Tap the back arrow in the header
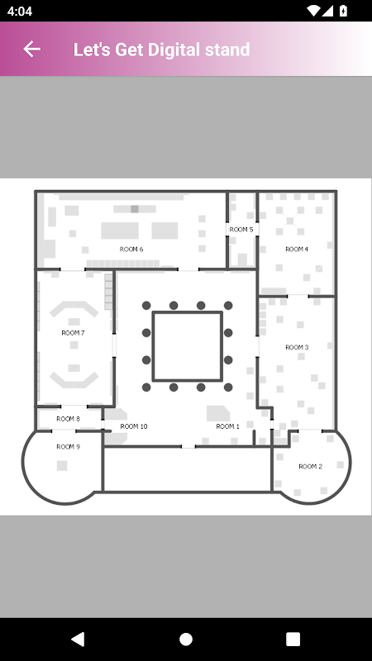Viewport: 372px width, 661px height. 31,49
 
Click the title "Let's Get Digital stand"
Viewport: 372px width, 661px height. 161,50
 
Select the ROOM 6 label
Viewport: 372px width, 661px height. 131,250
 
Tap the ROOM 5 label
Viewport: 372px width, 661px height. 241,230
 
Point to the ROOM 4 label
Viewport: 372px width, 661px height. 297,250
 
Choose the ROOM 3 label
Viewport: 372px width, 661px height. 297,347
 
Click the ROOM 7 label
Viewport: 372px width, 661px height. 73,333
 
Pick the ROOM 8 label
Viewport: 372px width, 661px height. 68,419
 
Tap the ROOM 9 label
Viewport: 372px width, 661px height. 68,447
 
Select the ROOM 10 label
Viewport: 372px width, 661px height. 134,426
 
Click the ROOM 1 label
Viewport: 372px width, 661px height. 228,426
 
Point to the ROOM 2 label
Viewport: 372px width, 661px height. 311,466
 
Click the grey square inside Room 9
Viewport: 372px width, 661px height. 62,466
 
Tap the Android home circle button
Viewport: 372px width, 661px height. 186,639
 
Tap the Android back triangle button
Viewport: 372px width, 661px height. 78,639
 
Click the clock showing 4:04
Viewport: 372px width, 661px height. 19,11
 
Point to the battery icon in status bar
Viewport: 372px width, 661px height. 343,11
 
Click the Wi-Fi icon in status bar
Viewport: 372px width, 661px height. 313,11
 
